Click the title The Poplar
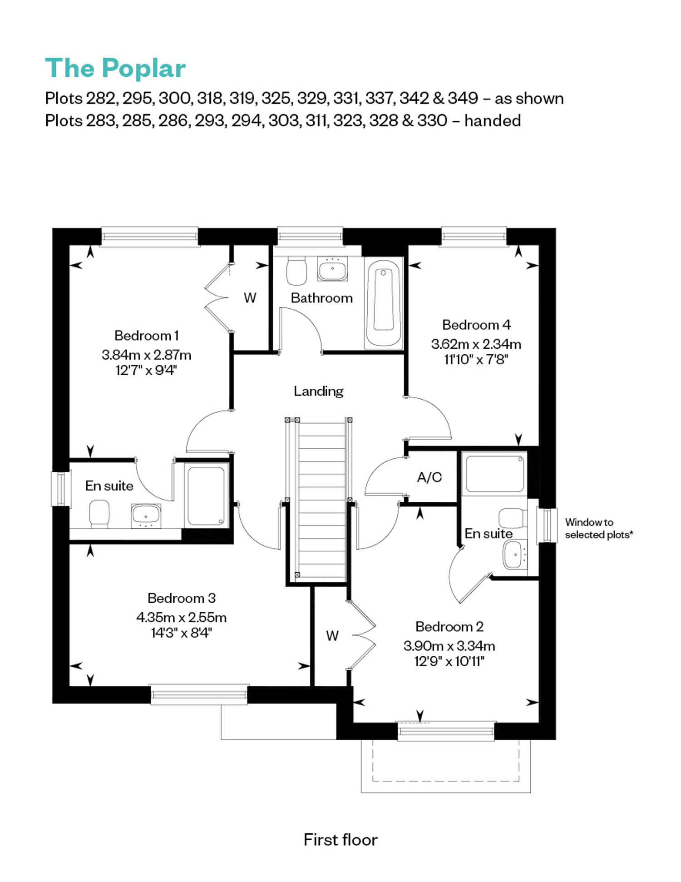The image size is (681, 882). [x=115, y=69]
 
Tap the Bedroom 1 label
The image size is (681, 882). [x=147, y=336]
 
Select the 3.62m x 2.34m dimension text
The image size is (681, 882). [x=476, y=344]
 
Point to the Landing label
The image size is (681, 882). [x=318, y=391]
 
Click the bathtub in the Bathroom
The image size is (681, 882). [x=384, y=303]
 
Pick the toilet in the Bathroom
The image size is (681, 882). [x=296, y=271]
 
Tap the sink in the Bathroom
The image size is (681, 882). [x=332, y=268]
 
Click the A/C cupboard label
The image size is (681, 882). [x=429, y=477]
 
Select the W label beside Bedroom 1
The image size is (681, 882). [x=250, y=298]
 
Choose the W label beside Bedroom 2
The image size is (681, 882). [x=332, y=636]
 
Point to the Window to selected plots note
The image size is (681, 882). [x=599, y=529]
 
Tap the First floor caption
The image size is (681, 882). [x=340, y=840]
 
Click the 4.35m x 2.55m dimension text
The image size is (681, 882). [x=182, y=617]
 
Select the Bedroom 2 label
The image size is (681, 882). [x=449, y=627]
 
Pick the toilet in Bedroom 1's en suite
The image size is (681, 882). [x=99, y=514]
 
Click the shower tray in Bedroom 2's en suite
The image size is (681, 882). [x=494, y=474]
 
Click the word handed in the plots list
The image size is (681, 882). [x=493, y=121]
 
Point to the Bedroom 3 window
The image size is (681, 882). [x=199, y=694]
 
